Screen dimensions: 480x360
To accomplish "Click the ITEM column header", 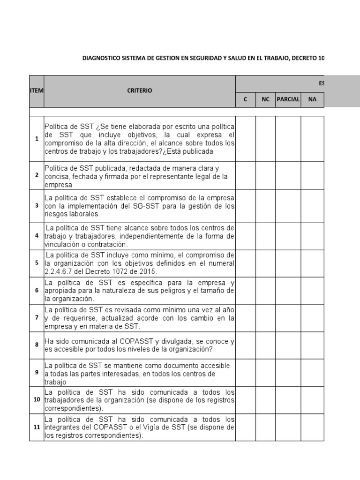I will (x=36, y=90).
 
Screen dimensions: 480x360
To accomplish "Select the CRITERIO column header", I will (x=140, y=90).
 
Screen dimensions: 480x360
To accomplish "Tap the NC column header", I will (x=265, y=99).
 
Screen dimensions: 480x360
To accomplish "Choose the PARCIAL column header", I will (x=288, y=99).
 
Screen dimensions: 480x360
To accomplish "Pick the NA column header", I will (x=312, y=99).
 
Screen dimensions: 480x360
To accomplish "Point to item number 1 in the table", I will (x=36, y=139).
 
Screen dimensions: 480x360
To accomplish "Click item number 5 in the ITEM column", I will (x=36, y=263).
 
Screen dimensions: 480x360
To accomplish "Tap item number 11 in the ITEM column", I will (x=36, y=427).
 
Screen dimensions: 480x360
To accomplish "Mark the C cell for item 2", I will (x=246, y=175).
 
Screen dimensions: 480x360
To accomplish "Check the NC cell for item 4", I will (x=265, y=236).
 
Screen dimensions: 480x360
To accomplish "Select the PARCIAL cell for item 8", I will (x=288, y=345).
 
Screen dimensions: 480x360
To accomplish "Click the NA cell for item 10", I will (x=312, y=400).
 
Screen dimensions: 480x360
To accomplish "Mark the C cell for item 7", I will (x=246, y=318).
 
